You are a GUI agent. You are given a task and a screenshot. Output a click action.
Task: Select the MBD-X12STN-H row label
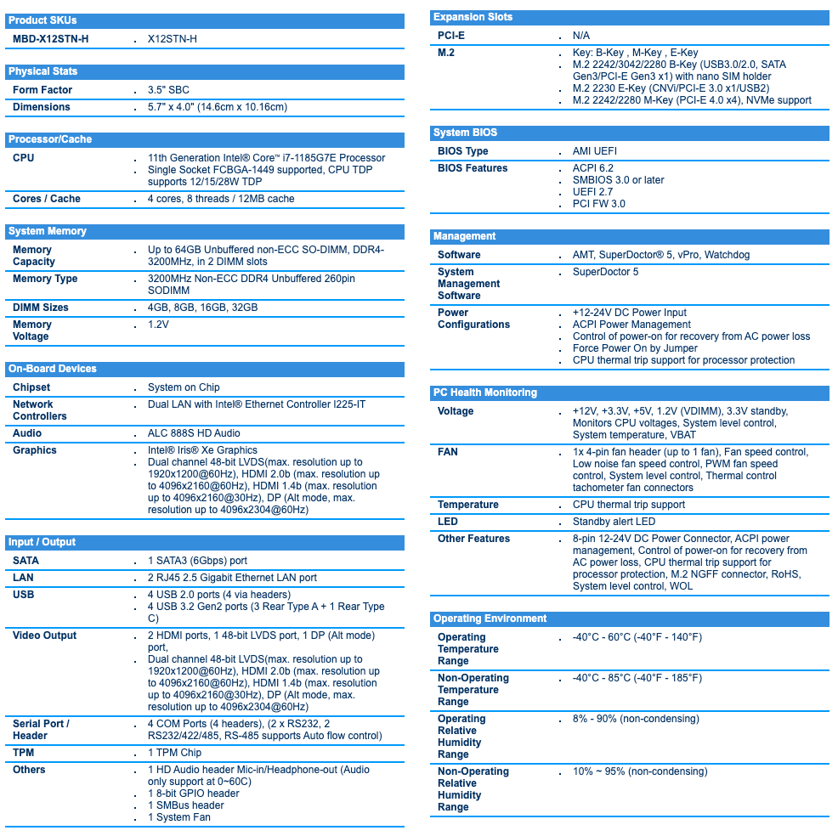(x=50, y=39)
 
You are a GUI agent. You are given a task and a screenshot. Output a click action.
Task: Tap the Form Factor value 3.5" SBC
(x=168, y=90)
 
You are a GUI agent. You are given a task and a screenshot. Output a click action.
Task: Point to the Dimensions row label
(x=42, y=107)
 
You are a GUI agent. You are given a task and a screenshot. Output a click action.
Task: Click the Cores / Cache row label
(x=47, y=199)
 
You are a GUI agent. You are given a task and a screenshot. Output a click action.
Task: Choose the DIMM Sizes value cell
(x=202, y=308)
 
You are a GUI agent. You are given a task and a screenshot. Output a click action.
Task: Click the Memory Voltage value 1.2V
(x=158, y=325)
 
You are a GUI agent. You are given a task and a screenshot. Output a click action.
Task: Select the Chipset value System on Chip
(x=184, y=387)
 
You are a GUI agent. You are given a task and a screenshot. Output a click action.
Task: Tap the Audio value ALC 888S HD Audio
(x=194, y=433)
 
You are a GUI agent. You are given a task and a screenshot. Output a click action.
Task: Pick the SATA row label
(x=25, y=561)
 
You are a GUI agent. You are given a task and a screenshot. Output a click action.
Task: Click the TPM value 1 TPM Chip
(x=174, y=753)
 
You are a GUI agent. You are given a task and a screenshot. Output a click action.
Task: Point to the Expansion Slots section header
(x=473, y=17)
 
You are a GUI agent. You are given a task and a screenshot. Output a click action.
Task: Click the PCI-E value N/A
(x=581, y=36)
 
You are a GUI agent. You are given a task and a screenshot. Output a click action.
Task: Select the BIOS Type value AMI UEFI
(x=595, y=151)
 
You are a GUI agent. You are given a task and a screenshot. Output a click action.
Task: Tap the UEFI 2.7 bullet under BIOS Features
(x=592, y=192)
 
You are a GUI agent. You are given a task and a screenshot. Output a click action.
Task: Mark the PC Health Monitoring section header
(x=484, y=393)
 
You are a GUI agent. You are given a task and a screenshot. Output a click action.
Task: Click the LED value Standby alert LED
(x=614, y=522)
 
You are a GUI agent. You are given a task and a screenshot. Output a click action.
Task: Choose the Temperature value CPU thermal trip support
(x=628, y=505)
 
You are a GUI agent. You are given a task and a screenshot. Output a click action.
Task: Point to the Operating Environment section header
(x=490, y=619)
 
